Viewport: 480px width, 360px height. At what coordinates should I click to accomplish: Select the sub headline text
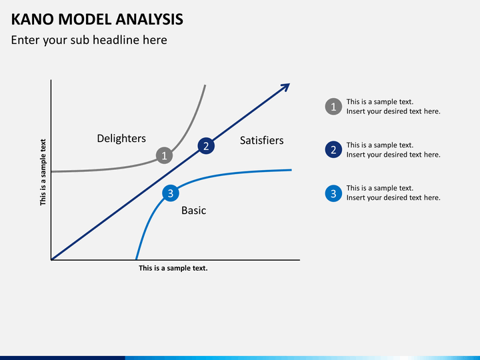click(x=89, y=40)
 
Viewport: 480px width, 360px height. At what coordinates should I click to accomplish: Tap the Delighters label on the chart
click(x=121, y=139)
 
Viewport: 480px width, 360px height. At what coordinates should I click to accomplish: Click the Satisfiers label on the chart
click(x=261, y=140)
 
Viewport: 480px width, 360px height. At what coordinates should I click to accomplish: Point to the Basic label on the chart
click(x=194, y=211)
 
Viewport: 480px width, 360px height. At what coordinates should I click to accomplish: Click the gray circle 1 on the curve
click(x=164, y=155)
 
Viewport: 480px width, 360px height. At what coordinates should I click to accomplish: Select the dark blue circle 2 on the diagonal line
click(x=206, y=146)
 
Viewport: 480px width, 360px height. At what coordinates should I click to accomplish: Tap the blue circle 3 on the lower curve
click(x=171, y=193)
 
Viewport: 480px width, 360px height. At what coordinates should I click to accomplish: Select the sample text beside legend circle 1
click(x=393, y=107)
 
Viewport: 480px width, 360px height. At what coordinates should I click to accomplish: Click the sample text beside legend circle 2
click(x=393, y=150)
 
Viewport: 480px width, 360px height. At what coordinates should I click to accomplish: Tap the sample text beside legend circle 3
click(x=393, y=193)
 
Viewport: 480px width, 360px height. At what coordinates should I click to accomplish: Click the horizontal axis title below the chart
click(x=173, y=268)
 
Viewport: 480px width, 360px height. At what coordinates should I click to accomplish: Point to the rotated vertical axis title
click(x=43, y=172)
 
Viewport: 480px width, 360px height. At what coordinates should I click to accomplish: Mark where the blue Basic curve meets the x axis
click(x=137, y=259)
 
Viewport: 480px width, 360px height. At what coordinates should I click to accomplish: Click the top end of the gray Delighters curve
click(x=205, y=86)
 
